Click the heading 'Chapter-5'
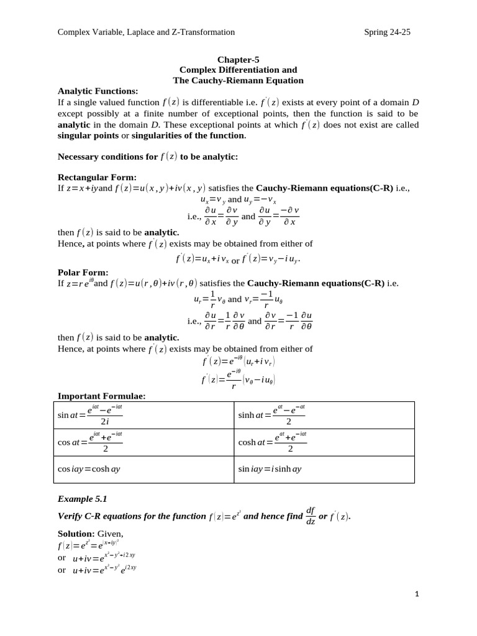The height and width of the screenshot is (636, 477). coord(238,60)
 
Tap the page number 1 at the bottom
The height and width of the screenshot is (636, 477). coord(417,594)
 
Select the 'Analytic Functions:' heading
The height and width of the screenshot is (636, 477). coord(98,91)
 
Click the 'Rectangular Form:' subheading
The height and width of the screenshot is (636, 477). coord(97,177)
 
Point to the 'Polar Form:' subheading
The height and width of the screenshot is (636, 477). coord(83,272)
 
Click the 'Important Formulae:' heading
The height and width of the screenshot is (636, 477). coord(102,396)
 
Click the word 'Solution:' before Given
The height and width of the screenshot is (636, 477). coord(76,534)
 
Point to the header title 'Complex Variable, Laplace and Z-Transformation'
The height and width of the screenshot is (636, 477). coord(146,32)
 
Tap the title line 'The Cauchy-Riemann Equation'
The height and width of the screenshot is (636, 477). coord(238,80)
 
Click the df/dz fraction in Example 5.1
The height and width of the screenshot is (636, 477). coord(311,516)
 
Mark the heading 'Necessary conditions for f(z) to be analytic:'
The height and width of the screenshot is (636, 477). coord(148,157)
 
